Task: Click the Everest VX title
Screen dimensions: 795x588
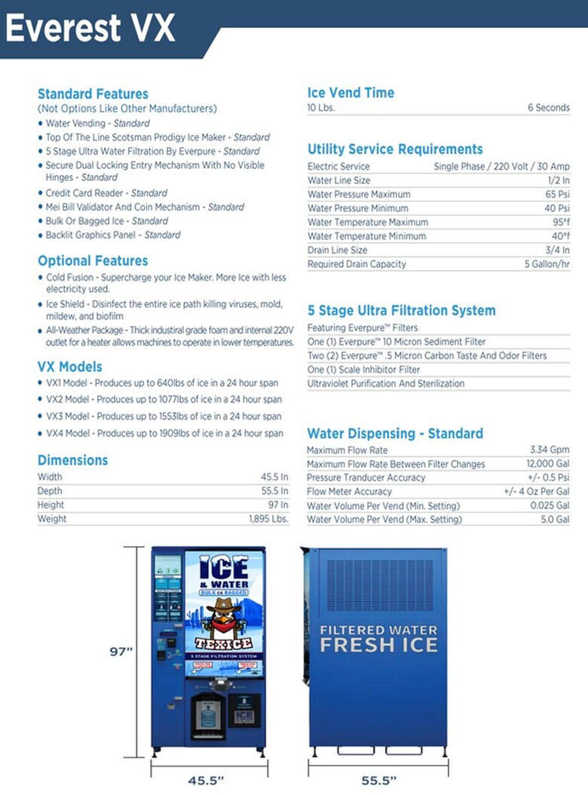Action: pyautogui.click(x=90, y=28)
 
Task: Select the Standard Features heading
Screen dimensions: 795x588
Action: pyautogui.click(x=93, y=94)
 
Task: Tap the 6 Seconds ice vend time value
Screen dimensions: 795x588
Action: pyautogui.click(x=548, y=108)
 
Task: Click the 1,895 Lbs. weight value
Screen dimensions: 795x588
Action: pyautogui.click(x=268, y=519)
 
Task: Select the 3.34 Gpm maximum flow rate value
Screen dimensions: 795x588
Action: pyautogui.click(x=550, y=450)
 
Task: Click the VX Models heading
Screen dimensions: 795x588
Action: pyautogui.click(x=70, y=367)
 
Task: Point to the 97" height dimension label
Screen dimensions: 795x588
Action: pyautogui.click(x=121, y=652)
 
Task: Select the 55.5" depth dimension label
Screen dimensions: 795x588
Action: pyautogui.click(x=378, y=780)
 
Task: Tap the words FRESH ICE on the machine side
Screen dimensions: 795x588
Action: pyautogui.click(x=378, y=644)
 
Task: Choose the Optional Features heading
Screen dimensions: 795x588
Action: pyautogui.click(x=93, y=261)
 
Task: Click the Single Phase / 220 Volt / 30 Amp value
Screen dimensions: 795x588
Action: pyautogui.click(x=501, y=167)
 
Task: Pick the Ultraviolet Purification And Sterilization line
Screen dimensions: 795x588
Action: pyautogui.click(x=386, y=384)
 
